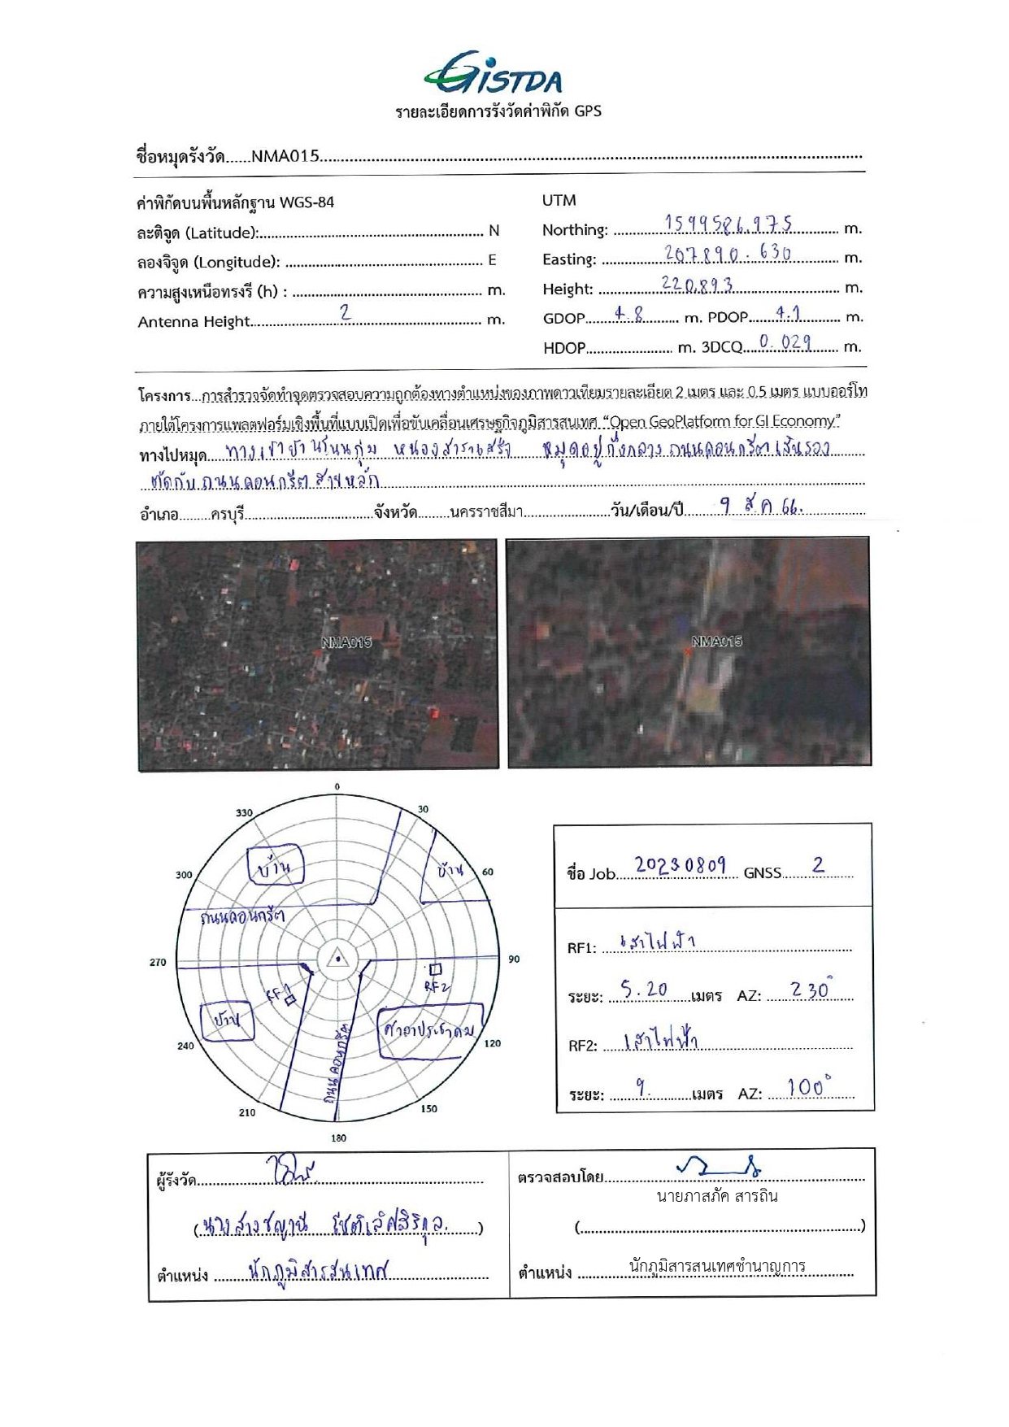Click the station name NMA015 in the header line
[285, 156]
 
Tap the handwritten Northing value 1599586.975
[728, 224]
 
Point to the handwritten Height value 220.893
[697, 285]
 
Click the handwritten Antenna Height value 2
[346, 312]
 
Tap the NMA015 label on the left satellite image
[346, 642]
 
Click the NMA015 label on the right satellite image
[716, 642]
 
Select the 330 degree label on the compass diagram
[244, 812]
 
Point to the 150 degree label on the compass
[429, 1108]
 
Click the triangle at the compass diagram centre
[337, 959]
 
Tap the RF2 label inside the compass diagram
[436, 986]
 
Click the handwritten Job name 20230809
[680, 865]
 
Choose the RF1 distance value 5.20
[644, 990]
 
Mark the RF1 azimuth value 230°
[811, 990]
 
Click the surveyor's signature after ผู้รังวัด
[289, 1171]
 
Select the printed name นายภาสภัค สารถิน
[717, 1196]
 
